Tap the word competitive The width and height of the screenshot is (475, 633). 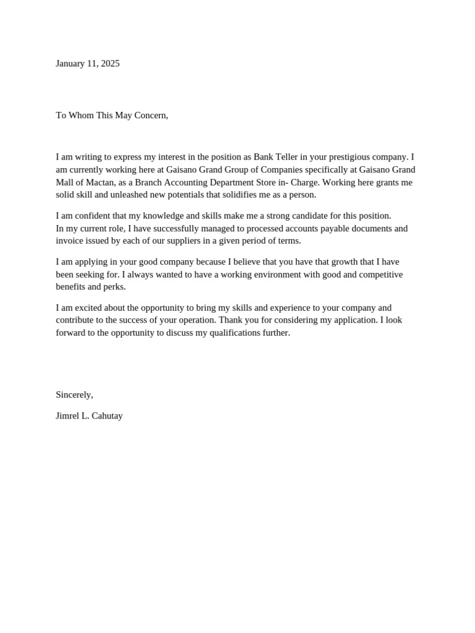coord(379,274)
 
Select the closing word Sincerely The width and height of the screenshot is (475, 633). coord(74,395)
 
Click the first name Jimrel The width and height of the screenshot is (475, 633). coord(67,416)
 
